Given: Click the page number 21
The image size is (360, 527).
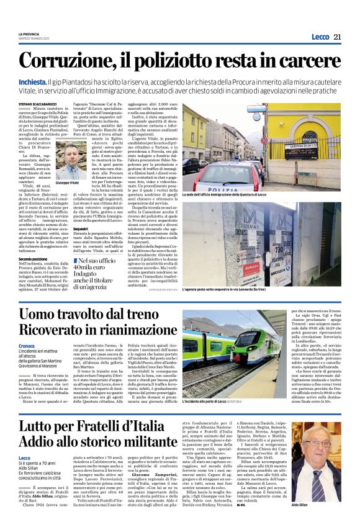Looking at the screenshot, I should click(338, 37).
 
